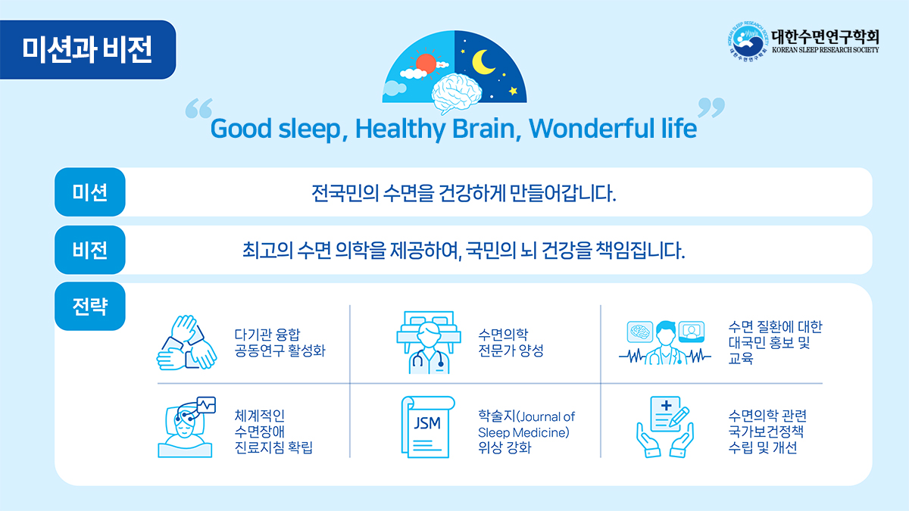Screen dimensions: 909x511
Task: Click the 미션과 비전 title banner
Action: (x=87, y=49)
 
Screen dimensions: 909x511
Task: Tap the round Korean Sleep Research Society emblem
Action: (x=748, y=42)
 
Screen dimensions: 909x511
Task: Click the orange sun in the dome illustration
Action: (x=426, y=64)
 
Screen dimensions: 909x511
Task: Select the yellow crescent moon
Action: (x=481, y=62)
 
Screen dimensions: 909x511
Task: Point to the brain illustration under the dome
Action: (x=457, y=93)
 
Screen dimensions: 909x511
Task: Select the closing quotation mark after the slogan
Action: (x=711, y=107)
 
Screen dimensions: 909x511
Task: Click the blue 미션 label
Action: (x=89, y=192)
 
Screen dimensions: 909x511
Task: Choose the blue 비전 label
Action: (x=89, y=250)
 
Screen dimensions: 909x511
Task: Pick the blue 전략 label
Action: (x=89, y=306)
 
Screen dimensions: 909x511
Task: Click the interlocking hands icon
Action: (x=186, y=343)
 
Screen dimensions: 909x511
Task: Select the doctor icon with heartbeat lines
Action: (x=665, y=343)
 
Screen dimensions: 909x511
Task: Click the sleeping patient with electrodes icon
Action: (x=186, y=427)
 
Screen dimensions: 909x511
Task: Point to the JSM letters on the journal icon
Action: (x=427, y=423)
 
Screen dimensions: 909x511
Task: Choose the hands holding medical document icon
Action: (x=665, y=427)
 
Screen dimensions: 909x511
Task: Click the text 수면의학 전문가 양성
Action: (x=511, y=343)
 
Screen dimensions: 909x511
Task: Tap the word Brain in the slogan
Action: (x=483, y=129)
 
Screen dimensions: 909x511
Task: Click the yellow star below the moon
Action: (x=514, y=90)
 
